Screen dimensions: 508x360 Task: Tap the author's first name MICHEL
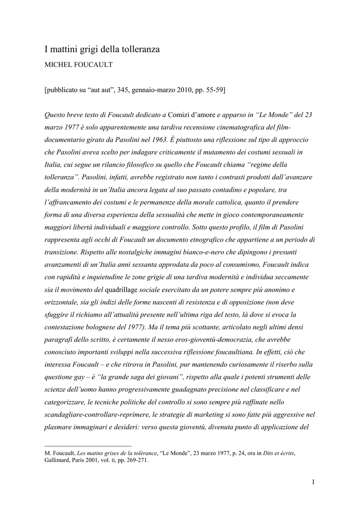(x=59, y=65)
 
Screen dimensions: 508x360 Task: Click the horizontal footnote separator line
(x=88, y=445)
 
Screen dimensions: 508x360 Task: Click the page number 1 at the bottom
(x=314, y=481)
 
